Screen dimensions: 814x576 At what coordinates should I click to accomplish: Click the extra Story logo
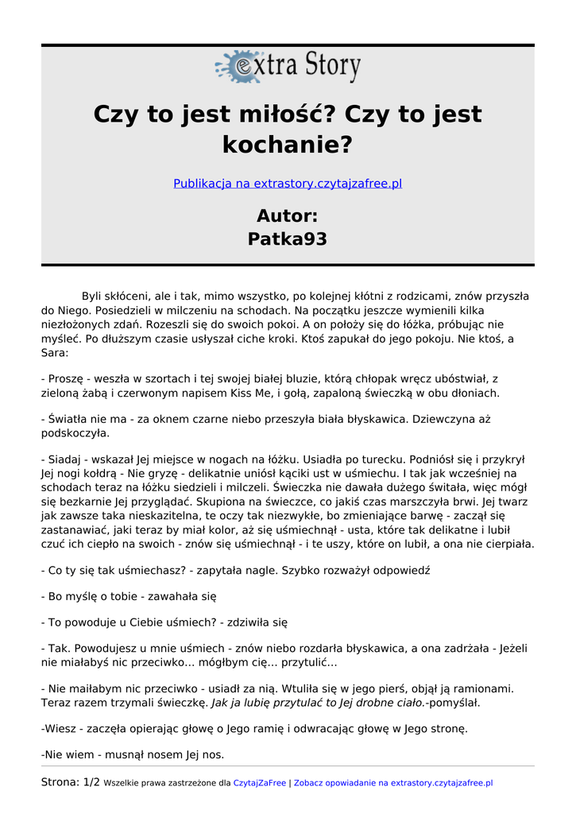click(288, 67)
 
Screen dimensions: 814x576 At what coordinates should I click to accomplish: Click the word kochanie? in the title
click(288, 145)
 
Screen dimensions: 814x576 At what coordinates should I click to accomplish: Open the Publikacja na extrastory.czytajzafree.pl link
click(288, 184)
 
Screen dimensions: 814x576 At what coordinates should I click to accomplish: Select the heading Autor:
click(288, 215)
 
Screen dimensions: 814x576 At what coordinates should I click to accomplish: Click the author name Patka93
click(288, 239)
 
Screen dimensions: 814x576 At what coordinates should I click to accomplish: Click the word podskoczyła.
click(75, 433)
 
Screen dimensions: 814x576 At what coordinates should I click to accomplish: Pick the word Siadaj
click(66, 459)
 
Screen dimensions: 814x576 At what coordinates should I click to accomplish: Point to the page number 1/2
click(91, 783)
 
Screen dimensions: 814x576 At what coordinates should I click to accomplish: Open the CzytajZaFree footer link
click(260, 784)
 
